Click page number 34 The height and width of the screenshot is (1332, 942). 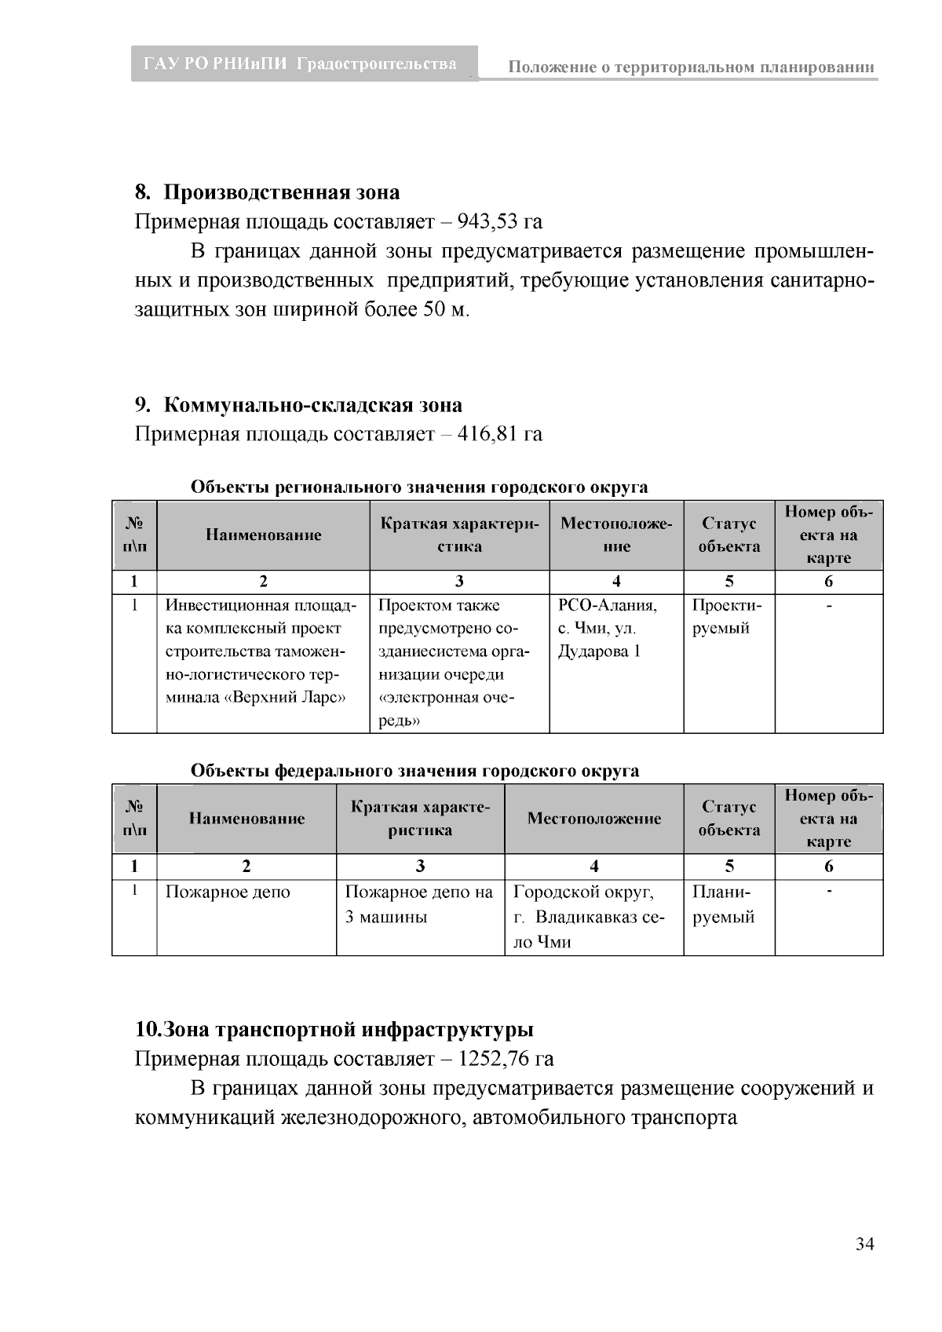(864, 1243)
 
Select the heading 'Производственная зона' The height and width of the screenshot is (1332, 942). (282, 192)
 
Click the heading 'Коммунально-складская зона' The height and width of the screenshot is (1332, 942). (313, 405)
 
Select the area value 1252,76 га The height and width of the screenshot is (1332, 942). (506, 1059)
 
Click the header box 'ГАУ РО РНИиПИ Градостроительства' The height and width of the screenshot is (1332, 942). (301, 64)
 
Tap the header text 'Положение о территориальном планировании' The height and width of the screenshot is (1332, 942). (691, 68)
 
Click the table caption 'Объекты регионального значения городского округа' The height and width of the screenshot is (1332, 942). (419, 487)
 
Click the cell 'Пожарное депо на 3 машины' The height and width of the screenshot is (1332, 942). (419, 904)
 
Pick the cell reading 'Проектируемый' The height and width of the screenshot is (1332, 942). (721, 617)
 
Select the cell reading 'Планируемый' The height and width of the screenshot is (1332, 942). (723, 904)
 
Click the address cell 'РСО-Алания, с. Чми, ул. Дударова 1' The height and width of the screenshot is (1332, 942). (608, 628)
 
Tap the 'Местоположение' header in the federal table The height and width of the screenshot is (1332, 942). (593, 819)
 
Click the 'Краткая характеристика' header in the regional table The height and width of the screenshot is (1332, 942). (459, 535)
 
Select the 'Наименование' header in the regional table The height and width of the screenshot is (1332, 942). (264, 535)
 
